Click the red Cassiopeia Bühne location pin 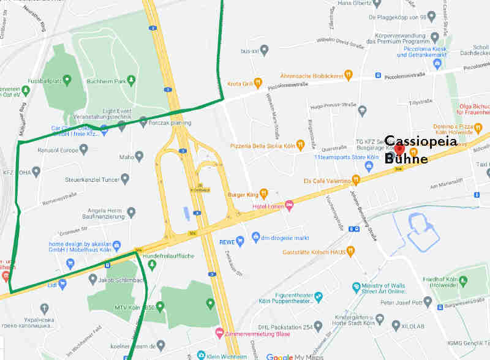click(399, 149)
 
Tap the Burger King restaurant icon click(263, 193)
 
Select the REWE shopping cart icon click(240, 241)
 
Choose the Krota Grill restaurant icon click(258, 82)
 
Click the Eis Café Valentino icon click(355, 181)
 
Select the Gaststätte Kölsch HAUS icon click(350, 250)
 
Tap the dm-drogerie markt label click(287, 236)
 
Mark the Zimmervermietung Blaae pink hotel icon click(220, 333)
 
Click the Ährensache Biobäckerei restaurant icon click(349, 74)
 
